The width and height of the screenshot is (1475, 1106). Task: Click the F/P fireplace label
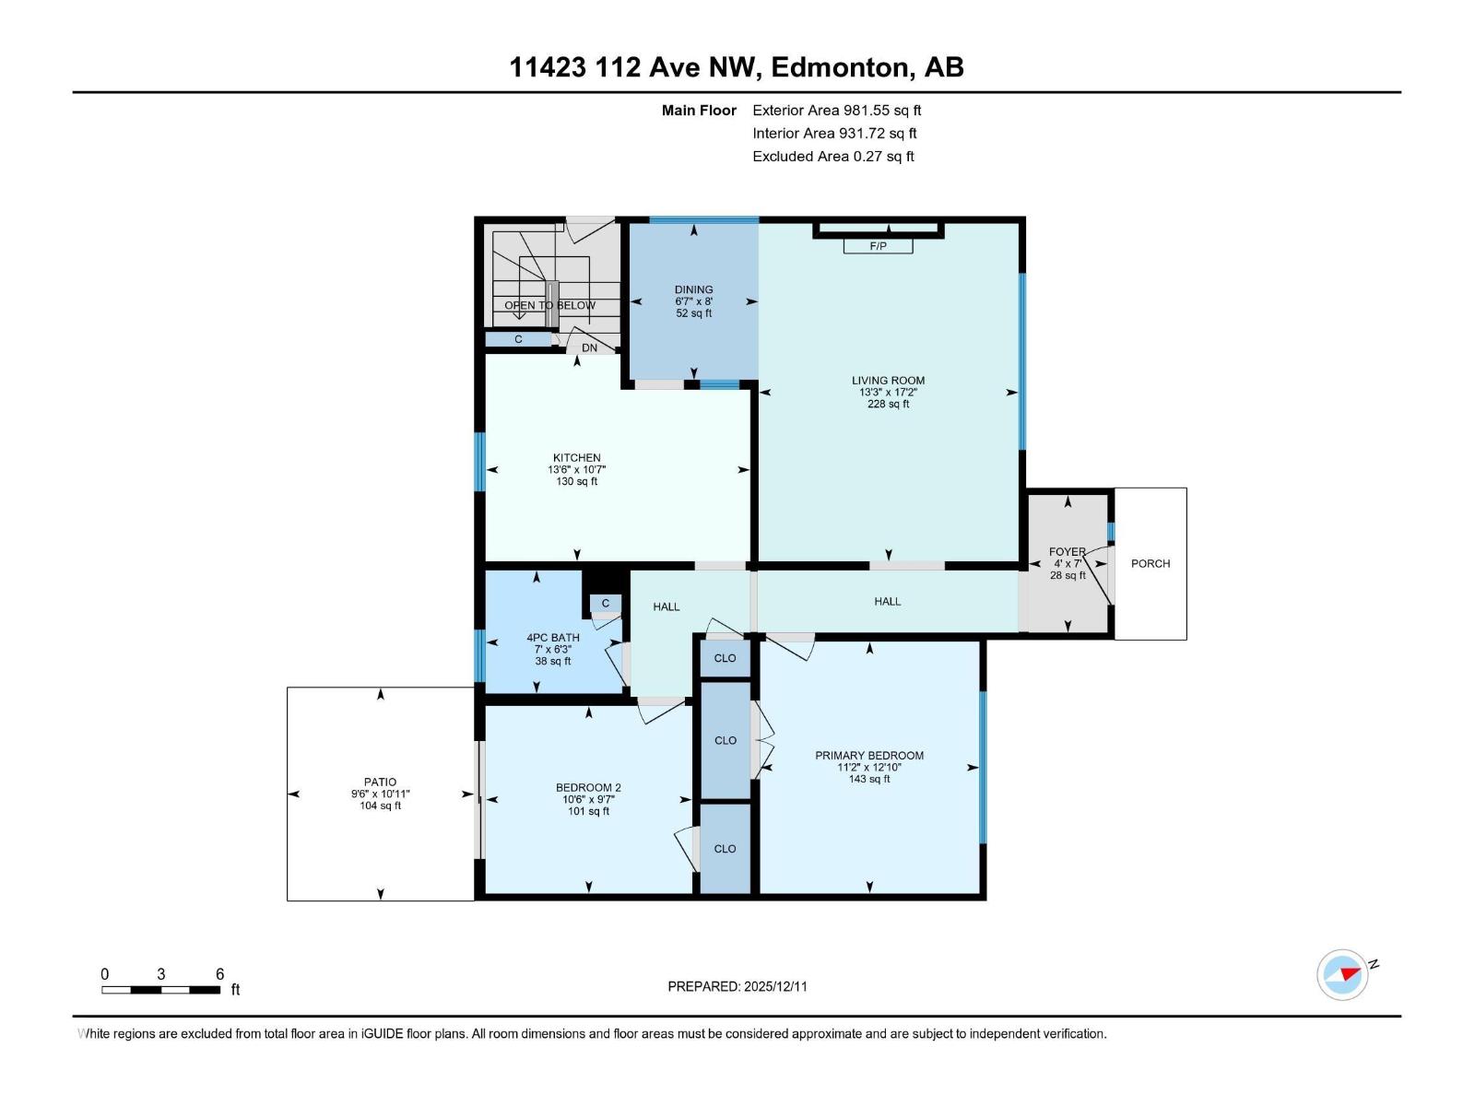pyautogui.click(x=878, y=246)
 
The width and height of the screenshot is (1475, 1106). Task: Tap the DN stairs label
pyautogui.click(x=589, y=347)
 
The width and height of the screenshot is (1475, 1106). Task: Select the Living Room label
pyautogui.click(x=888, y=380)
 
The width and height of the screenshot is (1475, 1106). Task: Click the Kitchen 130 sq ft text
pyautogui.click(x=576, y=481)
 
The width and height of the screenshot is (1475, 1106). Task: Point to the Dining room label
pyautogui.click(x=693, y=289)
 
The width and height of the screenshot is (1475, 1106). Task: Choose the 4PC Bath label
pyautogui.click(x=553, y=637)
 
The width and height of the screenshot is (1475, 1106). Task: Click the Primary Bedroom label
pyautogui.click(x=868, y=755)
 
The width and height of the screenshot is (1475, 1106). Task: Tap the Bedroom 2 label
pyautogui.click(x=588, y=787)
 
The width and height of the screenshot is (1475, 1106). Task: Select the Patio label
pyautogui.click(x=380, y=782)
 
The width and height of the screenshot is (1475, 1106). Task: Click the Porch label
pyautogui.click(x=1150, y=563)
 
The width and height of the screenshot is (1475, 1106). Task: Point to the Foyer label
pyautogui.click(x=1067, y=552)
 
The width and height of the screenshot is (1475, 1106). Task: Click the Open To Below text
pyautogui.click(x=549, y=305)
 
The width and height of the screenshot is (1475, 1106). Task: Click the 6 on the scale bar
pyautogui.click(x=219, y=974)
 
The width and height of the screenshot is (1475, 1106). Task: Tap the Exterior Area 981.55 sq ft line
pyautogui.click(x=836, y=110)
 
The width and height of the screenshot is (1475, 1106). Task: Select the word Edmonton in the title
pyautogui.click(x=840, y=67)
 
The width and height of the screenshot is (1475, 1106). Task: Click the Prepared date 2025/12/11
pyautogui.click(x=774, y=986)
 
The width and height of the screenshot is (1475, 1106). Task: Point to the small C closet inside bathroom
pyautogui.click(x=606, y=604)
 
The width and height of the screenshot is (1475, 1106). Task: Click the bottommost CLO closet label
pyautogui.click(x=725, y=848)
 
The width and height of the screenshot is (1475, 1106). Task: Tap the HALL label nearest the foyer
pyautogui.click(x=887, y=601)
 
